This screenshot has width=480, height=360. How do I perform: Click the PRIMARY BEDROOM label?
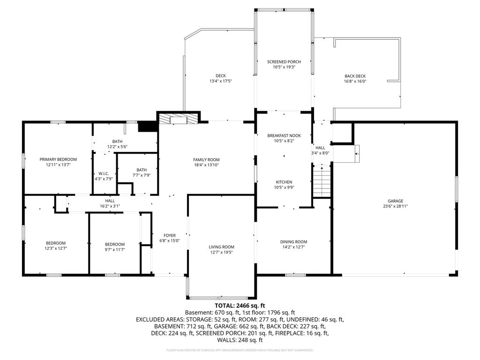tap(58, 159)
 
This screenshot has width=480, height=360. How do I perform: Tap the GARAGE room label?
tap(396, 201)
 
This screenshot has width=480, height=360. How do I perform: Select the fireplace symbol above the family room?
tap(179, 119)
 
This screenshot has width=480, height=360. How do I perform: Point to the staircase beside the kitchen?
tap(322, 181)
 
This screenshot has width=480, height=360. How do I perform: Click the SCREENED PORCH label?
tap(284, 62)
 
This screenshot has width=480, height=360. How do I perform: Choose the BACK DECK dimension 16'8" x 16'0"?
tap(355, 82)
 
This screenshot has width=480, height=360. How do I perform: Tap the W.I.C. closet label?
tap(104, 173)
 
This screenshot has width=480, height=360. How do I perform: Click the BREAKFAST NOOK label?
tap(284, 135)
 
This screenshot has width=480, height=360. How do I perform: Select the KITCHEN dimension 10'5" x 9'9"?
tap(284, 187)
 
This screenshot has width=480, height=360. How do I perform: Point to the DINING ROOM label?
tap(293, 242)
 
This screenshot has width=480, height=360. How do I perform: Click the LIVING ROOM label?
tap(222, 247)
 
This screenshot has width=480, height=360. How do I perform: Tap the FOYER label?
tap(170, 235)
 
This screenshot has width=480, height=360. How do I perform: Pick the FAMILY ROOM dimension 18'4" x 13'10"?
tap(206, 165)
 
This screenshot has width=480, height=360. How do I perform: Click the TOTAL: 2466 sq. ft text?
tap(240, 306)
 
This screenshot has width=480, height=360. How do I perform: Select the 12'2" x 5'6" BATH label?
tap(117, 144)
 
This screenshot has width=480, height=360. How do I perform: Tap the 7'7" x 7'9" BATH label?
tap(142, 172)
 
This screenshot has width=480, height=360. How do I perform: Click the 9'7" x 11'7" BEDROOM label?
tap(115, 247)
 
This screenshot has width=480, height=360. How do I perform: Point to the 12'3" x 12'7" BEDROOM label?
tap(56, 246)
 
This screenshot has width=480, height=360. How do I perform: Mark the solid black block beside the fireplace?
tap(148, 127)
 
